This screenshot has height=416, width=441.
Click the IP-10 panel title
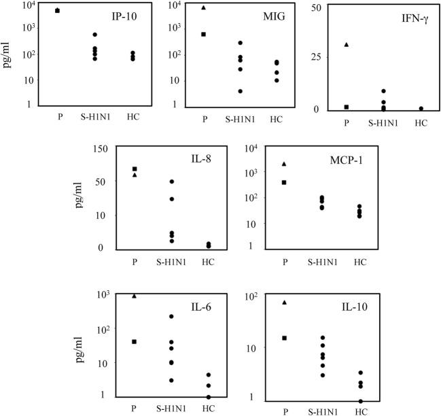coord(105,16)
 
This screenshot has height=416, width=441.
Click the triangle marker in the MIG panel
coord(204,7)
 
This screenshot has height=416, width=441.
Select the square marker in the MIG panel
coord(204,34)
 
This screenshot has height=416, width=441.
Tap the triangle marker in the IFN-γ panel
coord(347,45)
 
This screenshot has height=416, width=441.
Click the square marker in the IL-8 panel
coord(135,169)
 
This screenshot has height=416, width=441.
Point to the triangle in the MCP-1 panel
coord(285,163)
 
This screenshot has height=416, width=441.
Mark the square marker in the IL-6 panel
coord(135,341)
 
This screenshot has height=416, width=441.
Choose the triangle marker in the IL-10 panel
coord(285,302)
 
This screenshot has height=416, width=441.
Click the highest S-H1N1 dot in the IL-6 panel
coord(172,316)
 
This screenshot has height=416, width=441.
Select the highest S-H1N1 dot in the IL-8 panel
coord(172,181)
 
